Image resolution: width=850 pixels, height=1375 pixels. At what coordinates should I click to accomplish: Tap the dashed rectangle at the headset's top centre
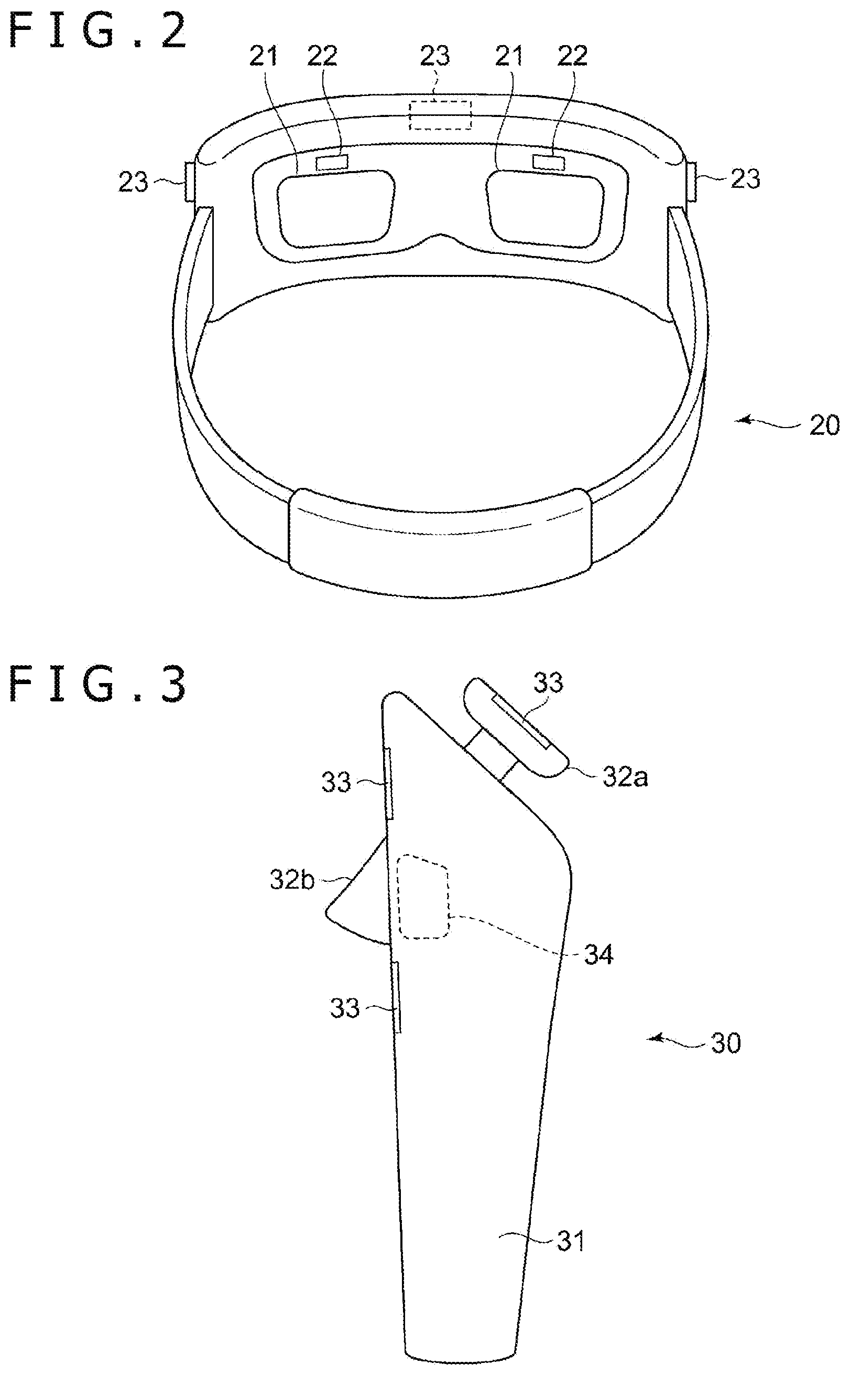(440, 114)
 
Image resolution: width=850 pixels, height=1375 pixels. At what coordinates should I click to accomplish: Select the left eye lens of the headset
(335, 208)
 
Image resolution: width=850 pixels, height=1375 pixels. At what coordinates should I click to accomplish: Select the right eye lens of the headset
(546, 208)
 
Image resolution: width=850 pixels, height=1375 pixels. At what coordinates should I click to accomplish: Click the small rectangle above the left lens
(333, 162)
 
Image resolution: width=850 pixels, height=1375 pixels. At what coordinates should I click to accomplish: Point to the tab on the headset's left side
(190, 180)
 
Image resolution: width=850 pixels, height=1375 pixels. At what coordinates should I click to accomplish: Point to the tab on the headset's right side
(691, 180)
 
